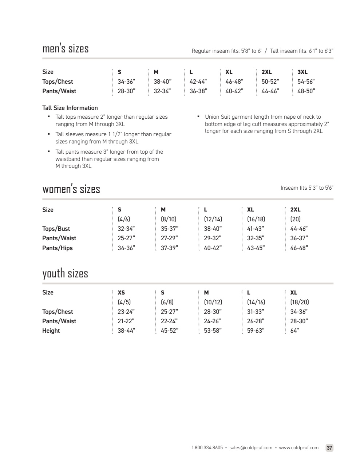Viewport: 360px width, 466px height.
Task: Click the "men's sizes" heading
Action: [x=66, y=48]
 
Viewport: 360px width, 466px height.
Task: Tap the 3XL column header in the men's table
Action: [x=302, y=72]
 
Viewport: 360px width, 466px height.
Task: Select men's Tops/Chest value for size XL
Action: [x=234, y=82]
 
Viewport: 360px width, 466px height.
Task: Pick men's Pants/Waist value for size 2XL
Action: [x=270, y=91]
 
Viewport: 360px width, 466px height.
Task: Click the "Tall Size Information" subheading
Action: [x=70, y=108]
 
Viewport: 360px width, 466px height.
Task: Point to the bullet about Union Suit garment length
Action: [x=267, y=124]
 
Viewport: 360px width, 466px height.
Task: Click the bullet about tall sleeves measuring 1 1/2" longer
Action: [x=113, y=138]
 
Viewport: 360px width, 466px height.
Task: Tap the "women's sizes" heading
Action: [x=71, y=189]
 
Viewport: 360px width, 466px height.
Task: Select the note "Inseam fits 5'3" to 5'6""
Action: [x=307, y=188]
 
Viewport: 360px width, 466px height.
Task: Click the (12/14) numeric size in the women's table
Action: [x=213, y=219]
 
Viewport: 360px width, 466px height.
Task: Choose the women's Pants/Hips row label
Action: [x=58, y=248]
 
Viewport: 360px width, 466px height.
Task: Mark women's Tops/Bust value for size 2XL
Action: [x=299, y=229]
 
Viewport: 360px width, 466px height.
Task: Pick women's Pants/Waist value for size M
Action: [x=169, y=238]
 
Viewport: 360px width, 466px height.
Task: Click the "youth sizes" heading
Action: [x=65, y=273]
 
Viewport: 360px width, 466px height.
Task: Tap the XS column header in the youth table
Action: [x=121, y=292]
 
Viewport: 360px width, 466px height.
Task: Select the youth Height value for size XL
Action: [x=294, y=331]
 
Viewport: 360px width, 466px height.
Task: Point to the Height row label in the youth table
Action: [x=51, y=331]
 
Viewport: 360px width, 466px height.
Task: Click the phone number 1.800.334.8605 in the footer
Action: [x=207, y=448]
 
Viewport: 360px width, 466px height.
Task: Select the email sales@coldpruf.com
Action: [x=251, y=448]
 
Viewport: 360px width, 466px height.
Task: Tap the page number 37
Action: [x=329, y=448]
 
